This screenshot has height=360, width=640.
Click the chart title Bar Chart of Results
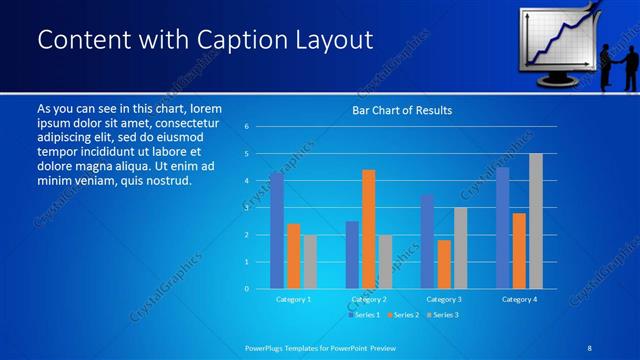(402, 110)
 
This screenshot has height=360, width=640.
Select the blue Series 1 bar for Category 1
(277, 230)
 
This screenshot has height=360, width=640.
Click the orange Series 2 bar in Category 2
(369, 229)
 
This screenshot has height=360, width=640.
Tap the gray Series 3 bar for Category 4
(536, 221)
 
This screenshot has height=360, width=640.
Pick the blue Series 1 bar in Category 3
(427, 242)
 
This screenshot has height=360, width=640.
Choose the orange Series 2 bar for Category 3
(444, 264)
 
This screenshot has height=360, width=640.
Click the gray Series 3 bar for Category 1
(310, 262)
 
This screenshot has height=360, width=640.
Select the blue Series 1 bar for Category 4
(502, 228)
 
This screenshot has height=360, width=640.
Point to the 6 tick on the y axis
(247, 127)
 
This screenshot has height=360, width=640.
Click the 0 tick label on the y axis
(247, 289)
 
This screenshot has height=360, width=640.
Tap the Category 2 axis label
(369, 299)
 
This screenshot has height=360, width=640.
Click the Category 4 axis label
(519, 299)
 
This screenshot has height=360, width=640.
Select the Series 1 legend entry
(364, 314)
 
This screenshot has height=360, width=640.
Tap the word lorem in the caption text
(205, 108)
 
